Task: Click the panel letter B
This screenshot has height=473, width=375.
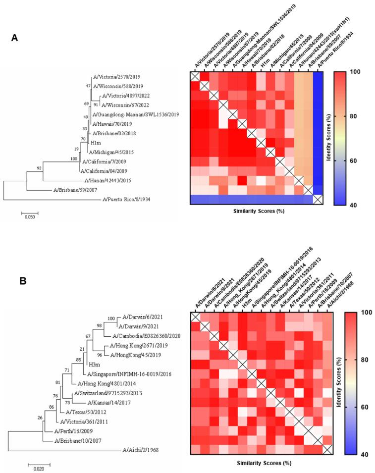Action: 23,281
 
